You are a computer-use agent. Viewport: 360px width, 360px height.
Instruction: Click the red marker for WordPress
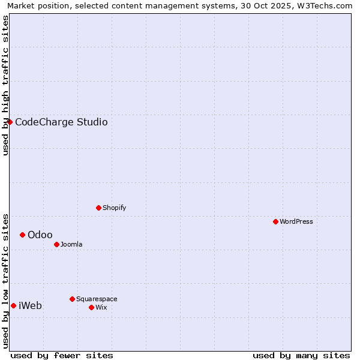(x=275, y=221)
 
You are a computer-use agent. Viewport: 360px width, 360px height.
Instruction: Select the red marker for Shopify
(x=98, y=208)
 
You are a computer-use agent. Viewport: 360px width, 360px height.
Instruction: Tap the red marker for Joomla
(x=56, y=244)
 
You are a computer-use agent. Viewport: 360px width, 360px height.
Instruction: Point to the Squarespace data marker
(x=72, y=299)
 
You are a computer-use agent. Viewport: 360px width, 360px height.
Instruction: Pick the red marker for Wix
(x=91, y=307)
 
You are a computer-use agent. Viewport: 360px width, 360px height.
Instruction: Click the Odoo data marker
(x=22, y=235)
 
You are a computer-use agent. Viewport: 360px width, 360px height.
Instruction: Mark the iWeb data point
(x=13, y=305)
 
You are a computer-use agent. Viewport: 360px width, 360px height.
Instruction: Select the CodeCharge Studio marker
(x=10, y=122)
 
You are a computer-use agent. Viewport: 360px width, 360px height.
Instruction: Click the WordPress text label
(x=296, y=221)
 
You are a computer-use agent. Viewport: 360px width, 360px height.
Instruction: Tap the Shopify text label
(x=114, y=208)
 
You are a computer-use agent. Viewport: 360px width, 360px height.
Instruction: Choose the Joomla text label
(x=71, y=244)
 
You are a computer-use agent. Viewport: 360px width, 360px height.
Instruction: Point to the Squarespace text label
(x=97, y=299)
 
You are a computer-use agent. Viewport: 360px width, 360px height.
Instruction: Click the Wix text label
(x=101, y=307)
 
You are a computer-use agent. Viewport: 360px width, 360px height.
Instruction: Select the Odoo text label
(x=40, y=235)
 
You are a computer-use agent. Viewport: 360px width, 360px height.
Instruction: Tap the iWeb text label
(x=30, y=305)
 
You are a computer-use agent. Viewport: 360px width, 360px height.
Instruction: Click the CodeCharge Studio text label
(x=61, y=122)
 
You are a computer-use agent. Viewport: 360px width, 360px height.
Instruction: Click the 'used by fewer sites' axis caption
(x=62, y=355)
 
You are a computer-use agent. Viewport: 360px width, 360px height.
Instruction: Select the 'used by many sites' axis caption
(x=301, y=355)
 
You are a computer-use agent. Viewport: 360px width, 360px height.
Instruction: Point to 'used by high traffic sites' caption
(x=5, y=85)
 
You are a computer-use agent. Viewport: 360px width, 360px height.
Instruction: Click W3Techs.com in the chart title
(x=325, y=5)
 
